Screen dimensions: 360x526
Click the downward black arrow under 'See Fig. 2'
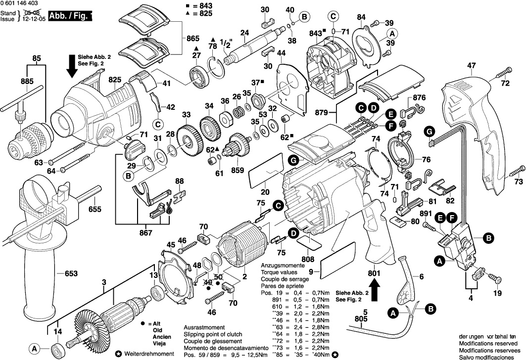pos(72,72)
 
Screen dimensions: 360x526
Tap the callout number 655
pos(95,209)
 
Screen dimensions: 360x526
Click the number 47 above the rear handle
pos(471,65)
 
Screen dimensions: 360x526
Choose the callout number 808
pos(307,258)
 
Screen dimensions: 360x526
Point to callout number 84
pos(362,17)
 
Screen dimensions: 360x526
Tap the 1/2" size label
pos(226,44)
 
